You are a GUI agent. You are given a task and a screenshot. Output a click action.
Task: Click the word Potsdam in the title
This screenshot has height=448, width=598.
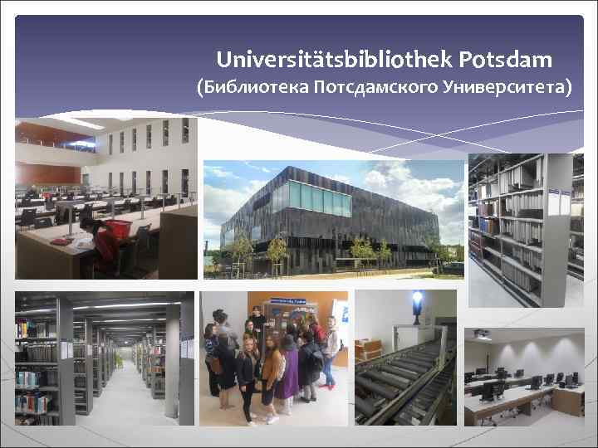504,60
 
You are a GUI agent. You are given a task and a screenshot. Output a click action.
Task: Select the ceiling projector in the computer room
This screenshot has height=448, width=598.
482,334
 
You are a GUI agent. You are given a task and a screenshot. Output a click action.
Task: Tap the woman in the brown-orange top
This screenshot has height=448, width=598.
272,369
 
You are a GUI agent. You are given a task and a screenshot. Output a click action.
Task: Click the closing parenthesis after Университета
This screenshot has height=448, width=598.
568,86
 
